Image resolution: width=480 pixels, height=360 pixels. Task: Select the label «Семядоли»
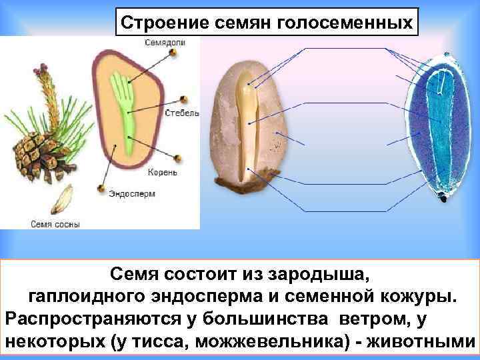(163, 42)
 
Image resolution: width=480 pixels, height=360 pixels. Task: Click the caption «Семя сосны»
(55, 225)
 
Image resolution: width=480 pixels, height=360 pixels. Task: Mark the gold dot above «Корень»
(178, 158)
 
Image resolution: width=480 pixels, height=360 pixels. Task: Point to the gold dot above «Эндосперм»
(100, 189)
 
